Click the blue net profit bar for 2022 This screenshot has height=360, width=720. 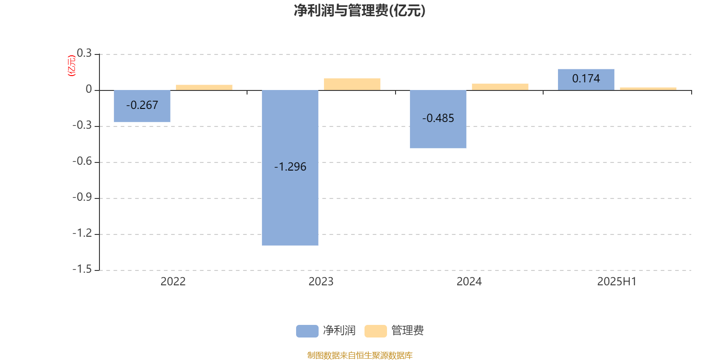pos(142,106)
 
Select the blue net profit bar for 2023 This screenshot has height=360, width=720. pos(290,168)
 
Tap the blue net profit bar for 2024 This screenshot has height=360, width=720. pos(438,119)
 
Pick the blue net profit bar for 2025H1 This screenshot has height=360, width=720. pos(586,80)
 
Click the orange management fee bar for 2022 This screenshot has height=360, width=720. pos(204,87)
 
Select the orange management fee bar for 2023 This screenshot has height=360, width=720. pos(352,84)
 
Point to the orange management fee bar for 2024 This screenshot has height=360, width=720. pos(500,87)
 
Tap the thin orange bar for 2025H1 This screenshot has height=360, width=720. pos(648,89)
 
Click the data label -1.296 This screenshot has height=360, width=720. pos(290,166)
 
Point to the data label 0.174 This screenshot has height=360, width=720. pos(586,78)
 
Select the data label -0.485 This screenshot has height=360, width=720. pos(438,118)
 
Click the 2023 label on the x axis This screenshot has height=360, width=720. pos(321,282)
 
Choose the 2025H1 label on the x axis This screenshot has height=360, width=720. pos(617,282)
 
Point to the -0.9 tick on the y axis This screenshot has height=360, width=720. pos(82,197)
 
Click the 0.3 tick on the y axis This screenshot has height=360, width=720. pos(84,53)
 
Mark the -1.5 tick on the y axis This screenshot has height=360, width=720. pos(82,269)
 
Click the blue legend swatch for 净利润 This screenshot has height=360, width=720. pos(307,331)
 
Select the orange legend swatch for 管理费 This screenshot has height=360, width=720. pos(375,331)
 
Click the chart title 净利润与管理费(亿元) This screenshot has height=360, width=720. pos(360,11)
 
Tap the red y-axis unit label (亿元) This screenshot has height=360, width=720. pos(72,66)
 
